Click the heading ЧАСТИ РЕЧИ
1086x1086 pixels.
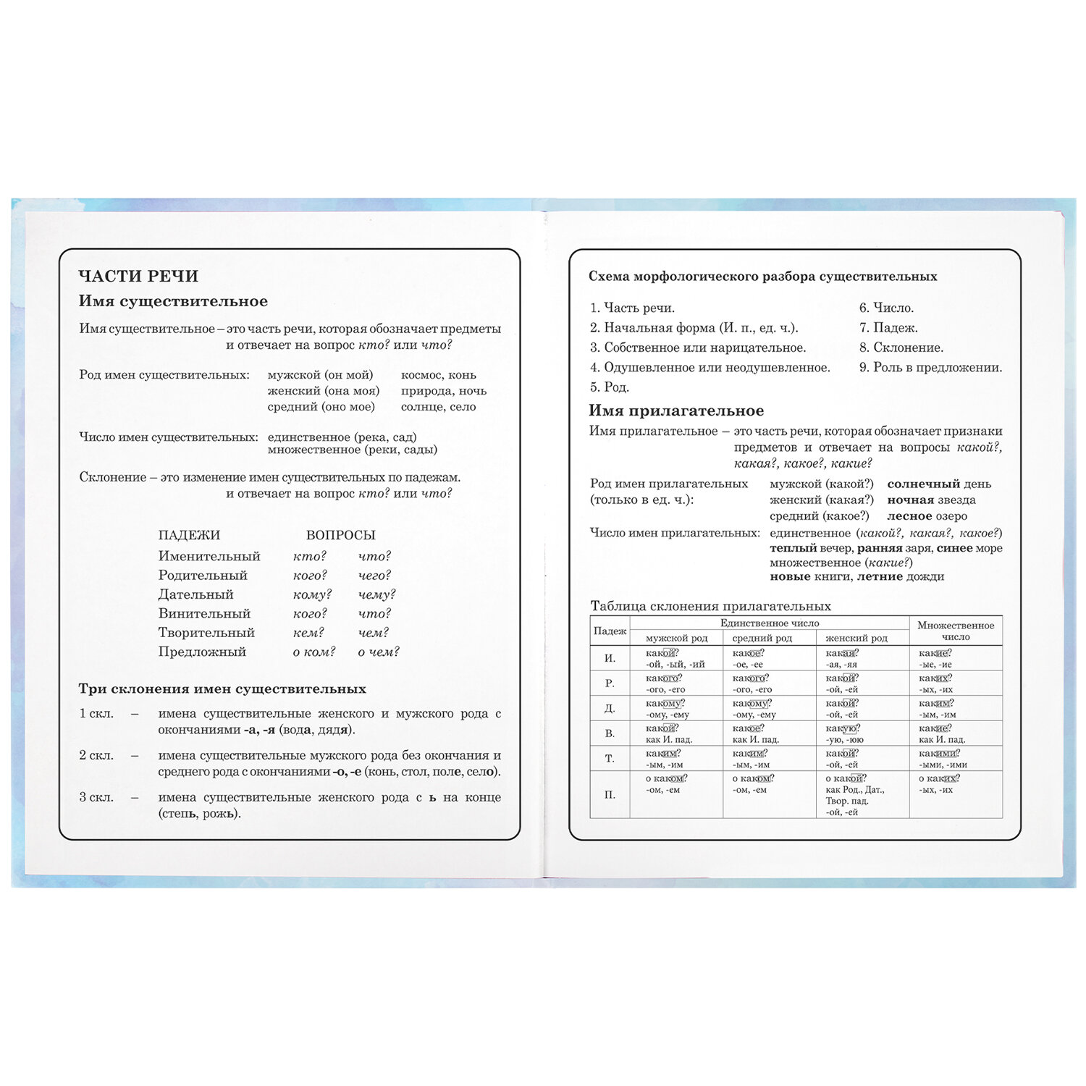[x=138, y=276]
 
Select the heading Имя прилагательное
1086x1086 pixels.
[x=675, y=411]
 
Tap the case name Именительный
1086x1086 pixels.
[x=209, y=556]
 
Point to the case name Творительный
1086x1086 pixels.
[x=206, y=632]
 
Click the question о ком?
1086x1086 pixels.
[x=313, y=652]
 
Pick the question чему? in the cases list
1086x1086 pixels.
[x=376, y=594]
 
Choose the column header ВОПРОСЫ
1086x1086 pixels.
[x=340, y=535]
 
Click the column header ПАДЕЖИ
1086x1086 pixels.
[x=189, y=535]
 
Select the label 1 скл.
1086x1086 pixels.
[x=96, y=713]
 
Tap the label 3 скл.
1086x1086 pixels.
[x=96, y=797]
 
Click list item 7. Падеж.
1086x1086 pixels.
[x=888, y=327]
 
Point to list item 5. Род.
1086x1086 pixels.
[x=609, y=387]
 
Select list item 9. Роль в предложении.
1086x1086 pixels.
[x=930, y=367]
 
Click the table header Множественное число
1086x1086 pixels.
[x=956, y=631]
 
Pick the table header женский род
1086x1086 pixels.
[x=856, y=638]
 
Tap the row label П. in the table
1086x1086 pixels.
[x=610, y=794]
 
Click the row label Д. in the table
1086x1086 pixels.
[x=610, y=708]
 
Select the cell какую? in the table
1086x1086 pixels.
[x=842, y=728]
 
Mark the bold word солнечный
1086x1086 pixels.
[x=923, y=484]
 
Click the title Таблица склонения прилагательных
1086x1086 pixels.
[x=710, y=606]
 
